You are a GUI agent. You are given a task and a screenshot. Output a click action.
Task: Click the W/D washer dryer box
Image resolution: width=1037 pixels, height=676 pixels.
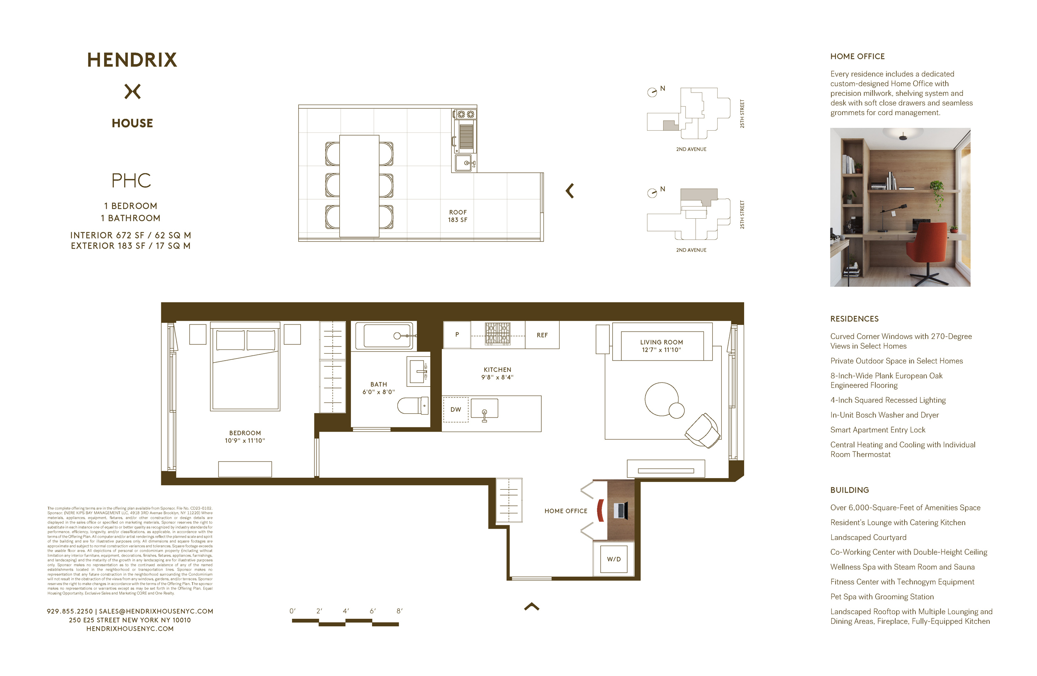coord(613,559)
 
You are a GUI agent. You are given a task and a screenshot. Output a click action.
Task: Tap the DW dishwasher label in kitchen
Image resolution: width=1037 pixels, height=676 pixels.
coord(456,410)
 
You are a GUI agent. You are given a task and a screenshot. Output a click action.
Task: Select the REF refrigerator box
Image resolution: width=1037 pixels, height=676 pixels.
coord(542,335)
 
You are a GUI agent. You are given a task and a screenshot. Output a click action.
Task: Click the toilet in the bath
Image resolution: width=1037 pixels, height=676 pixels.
coord(412,406)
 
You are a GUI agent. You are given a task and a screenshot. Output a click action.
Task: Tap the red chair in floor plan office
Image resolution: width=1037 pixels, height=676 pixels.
coord(600,510)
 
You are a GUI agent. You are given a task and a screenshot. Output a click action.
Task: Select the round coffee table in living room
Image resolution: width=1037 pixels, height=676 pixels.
coord(662,399)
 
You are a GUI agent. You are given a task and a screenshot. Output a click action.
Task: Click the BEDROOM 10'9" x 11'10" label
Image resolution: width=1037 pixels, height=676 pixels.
coord(245,437)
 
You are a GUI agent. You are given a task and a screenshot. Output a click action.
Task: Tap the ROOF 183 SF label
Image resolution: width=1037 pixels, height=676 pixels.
coord(458,216)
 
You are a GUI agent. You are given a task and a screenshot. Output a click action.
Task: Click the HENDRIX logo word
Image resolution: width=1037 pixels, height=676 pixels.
coord(132,60)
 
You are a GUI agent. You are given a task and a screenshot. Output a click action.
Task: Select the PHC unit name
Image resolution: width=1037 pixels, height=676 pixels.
coord(131,181)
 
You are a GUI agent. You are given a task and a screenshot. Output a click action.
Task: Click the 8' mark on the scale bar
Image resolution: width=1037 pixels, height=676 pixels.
coord(399,611)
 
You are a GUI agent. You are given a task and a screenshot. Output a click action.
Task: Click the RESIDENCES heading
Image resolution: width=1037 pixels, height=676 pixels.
coord(854,319)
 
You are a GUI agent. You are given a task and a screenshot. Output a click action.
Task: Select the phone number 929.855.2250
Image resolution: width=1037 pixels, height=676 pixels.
coord(70,612)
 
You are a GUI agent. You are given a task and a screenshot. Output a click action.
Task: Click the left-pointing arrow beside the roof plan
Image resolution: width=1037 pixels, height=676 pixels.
coord(570,191)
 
